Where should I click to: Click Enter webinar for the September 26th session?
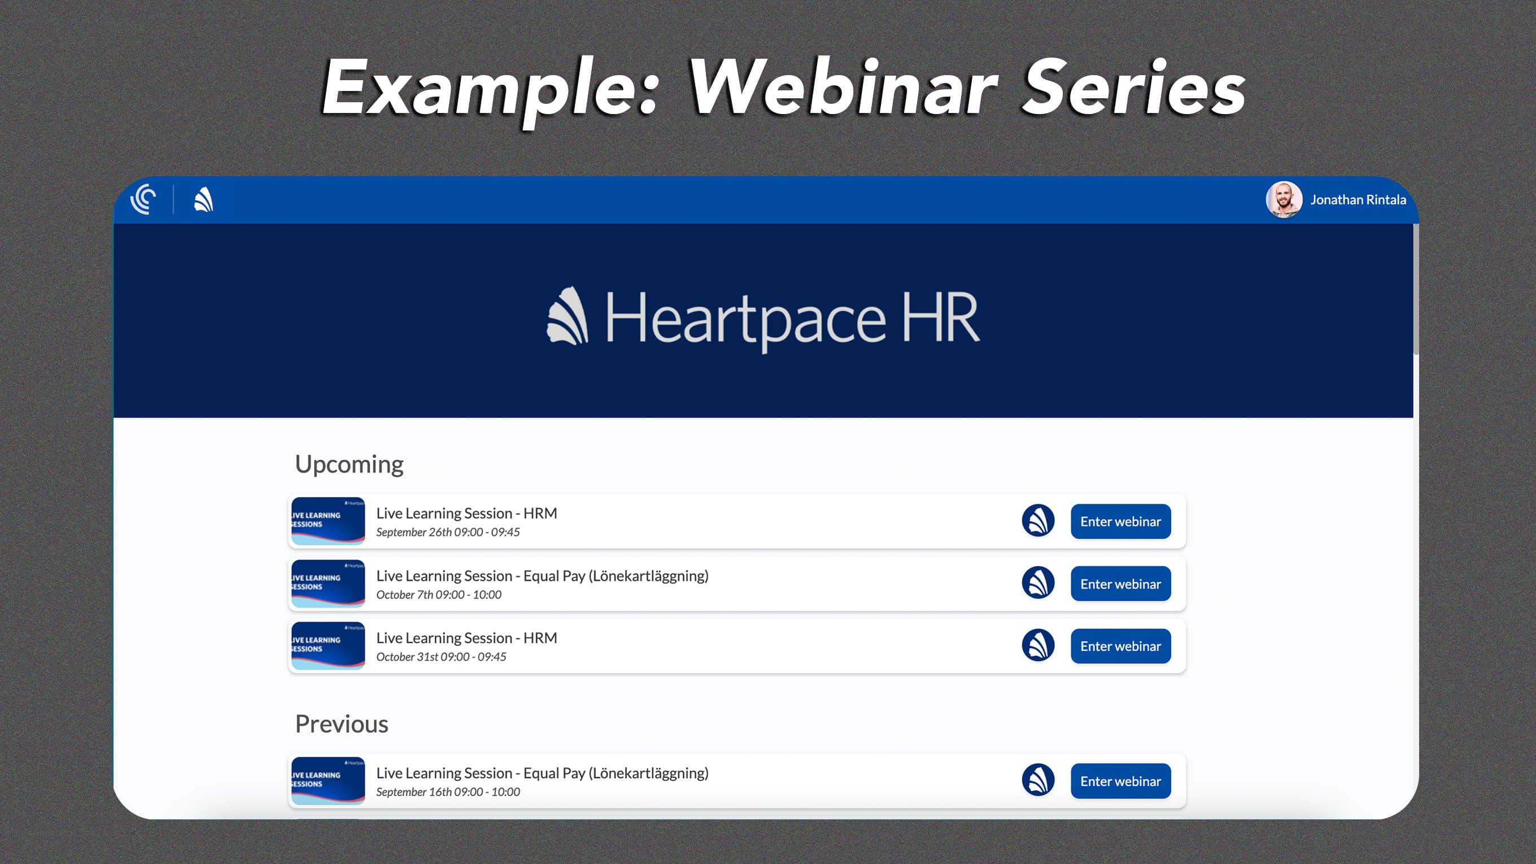pyautogui.click(x=1120, y=521)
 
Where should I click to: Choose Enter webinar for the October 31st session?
pyautogui.click(x=1120, y=646)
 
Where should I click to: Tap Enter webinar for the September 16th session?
pyautogui.click(x=1120, y=780)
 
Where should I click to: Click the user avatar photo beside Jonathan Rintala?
pyautogui.click(x=1283, y=200)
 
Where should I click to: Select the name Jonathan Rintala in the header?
pyautogui.click(x=1358, y=200)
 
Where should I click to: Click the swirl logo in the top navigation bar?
pyautogui.click(x=143, y=199)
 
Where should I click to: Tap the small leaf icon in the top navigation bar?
pyautogui.click(x=203, y=200)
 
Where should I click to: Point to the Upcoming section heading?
pyautogui.click(x=349, y=464)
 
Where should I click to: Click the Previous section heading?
pyautogui.click(x=341, y=724)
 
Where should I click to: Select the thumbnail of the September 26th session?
pyautogui.click(x=328, y=521)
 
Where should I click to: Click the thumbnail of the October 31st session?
pyautogui.click(x=328, y=646)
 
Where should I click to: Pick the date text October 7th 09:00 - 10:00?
pyautogui.click(x=438, y=595)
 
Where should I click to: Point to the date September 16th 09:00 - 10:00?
pyautogui.click(x=448, y=792)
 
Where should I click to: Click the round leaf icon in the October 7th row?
pyautogui.click(x=1037, y=583)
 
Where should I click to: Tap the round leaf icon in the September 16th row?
pyautogui.click(x=1037, y=780)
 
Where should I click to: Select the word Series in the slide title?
pyautogui.click(x=1133, y=88)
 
